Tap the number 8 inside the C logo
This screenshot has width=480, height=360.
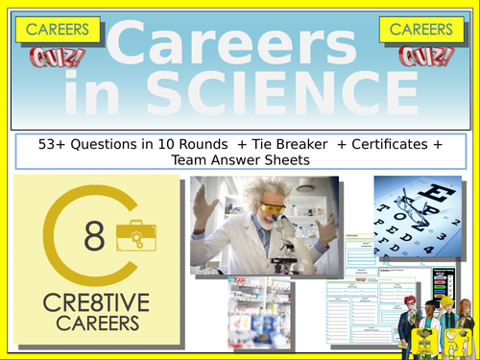click(92, 237)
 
